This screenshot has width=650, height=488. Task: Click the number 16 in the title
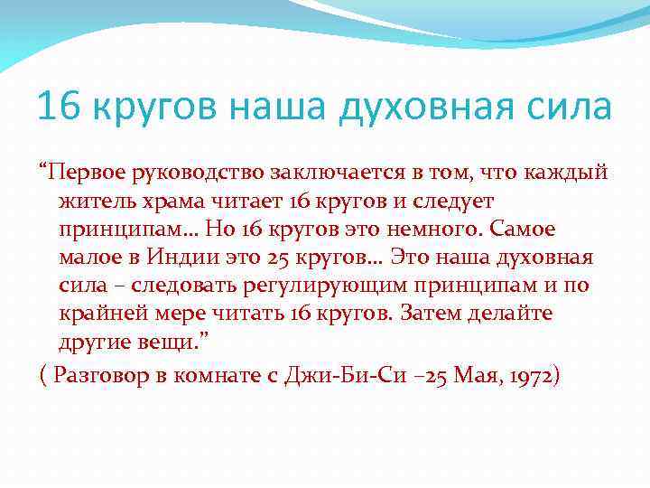click(x=57, y=108)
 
